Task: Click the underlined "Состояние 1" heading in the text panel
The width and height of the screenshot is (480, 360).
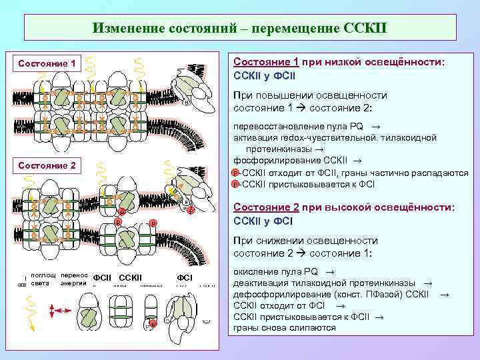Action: pos(265,61)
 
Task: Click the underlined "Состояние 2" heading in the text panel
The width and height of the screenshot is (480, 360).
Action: pos(265,207)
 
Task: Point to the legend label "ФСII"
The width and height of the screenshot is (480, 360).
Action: pos(101,277)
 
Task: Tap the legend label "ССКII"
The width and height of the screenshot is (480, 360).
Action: pos(131,277)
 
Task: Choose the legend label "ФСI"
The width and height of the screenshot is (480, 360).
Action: pos(185,277)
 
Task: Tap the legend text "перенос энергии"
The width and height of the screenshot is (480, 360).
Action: pos(73,279)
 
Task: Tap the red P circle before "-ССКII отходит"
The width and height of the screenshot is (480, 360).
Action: pos(235,173)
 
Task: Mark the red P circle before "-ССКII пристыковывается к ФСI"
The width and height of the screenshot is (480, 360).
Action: pos(235,183)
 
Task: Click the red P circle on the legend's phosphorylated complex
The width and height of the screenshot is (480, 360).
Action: pos(152,323)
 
